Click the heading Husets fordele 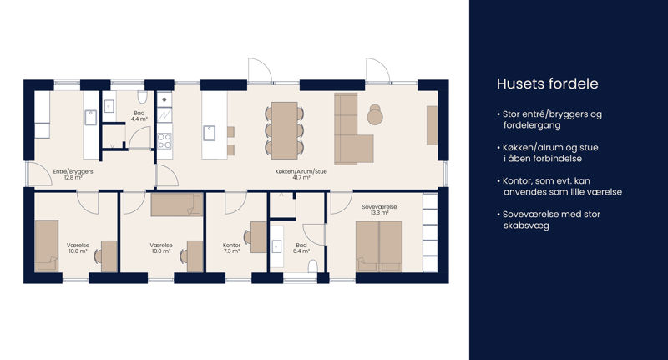548,84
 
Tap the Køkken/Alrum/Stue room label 301,175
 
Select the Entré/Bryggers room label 73,175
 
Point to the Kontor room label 231,248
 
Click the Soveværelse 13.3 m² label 379,210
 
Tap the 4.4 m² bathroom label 139,116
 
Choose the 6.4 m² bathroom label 301,248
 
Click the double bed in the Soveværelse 379,246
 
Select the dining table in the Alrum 285,130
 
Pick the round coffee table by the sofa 375,115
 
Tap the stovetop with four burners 164,141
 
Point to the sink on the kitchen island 210,133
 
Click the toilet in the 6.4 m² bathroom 313,266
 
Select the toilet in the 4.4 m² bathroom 142,97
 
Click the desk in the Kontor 259,237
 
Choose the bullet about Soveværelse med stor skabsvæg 549,220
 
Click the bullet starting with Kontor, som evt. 559,186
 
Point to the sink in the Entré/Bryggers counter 91,118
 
